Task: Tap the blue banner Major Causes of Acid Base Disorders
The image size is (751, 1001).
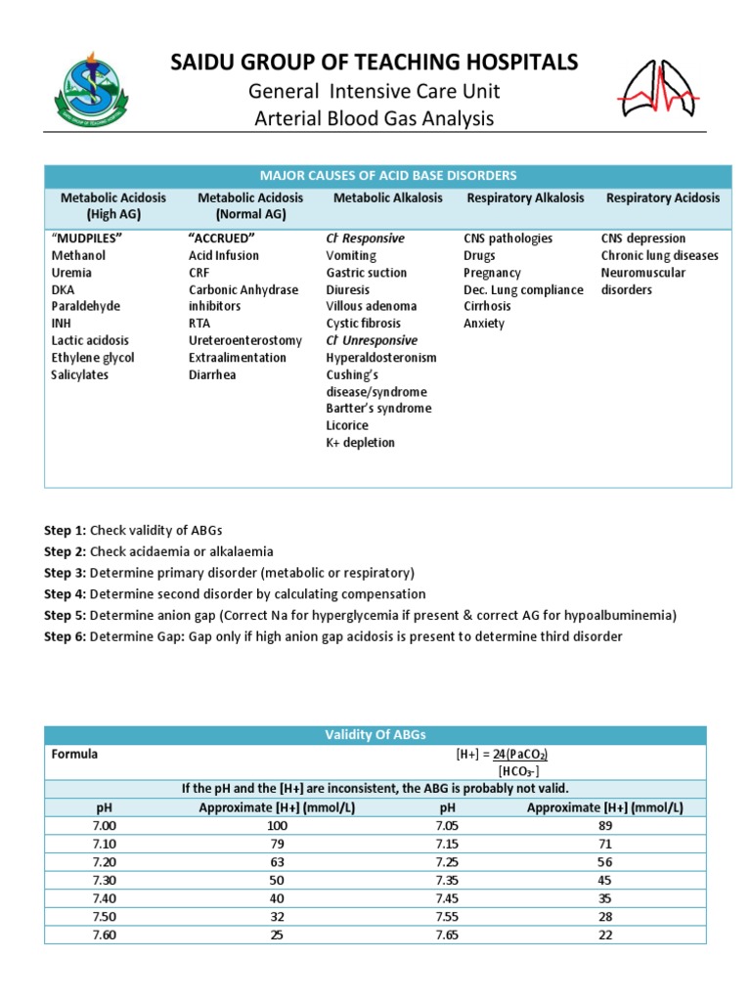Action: point(388,175)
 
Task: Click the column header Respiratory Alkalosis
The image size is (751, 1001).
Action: point(525,197)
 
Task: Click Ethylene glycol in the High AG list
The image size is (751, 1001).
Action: point(93,358)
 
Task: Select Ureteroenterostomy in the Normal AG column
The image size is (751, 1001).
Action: point(245,340)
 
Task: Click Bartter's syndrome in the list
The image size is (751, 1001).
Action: point(378,409)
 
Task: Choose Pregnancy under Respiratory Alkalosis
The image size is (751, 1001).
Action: point(492,273)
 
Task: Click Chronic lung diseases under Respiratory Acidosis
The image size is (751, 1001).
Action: point(659,255)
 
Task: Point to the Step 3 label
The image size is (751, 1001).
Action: point(66,572)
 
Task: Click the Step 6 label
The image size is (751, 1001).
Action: point(66,636)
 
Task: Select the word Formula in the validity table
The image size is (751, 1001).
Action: point(74,755)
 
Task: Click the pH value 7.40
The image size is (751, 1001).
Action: point(105,897)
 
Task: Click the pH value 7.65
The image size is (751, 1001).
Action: point(448,934)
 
